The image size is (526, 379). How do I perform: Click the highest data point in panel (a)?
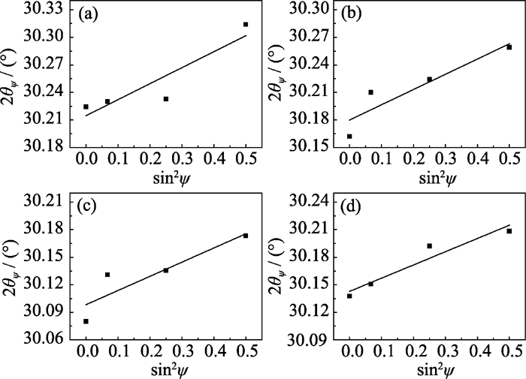tap(246, 25)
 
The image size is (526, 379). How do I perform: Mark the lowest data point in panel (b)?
tap(349, 137)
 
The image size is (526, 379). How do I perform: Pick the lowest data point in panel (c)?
tap(86, 321)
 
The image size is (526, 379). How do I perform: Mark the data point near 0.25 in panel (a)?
tap(166, 99)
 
